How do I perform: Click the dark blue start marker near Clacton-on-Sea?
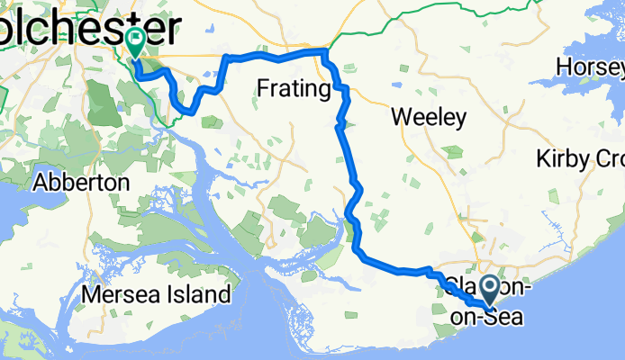point(491,290)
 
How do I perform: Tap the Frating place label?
point(294,88)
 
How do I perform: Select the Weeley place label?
point(430,117)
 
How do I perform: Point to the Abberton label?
point(80,182)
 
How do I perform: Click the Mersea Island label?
point(156,294)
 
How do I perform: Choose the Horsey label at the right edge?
point(590,67)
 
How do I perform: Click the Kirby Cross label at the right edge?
point(580,159)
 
